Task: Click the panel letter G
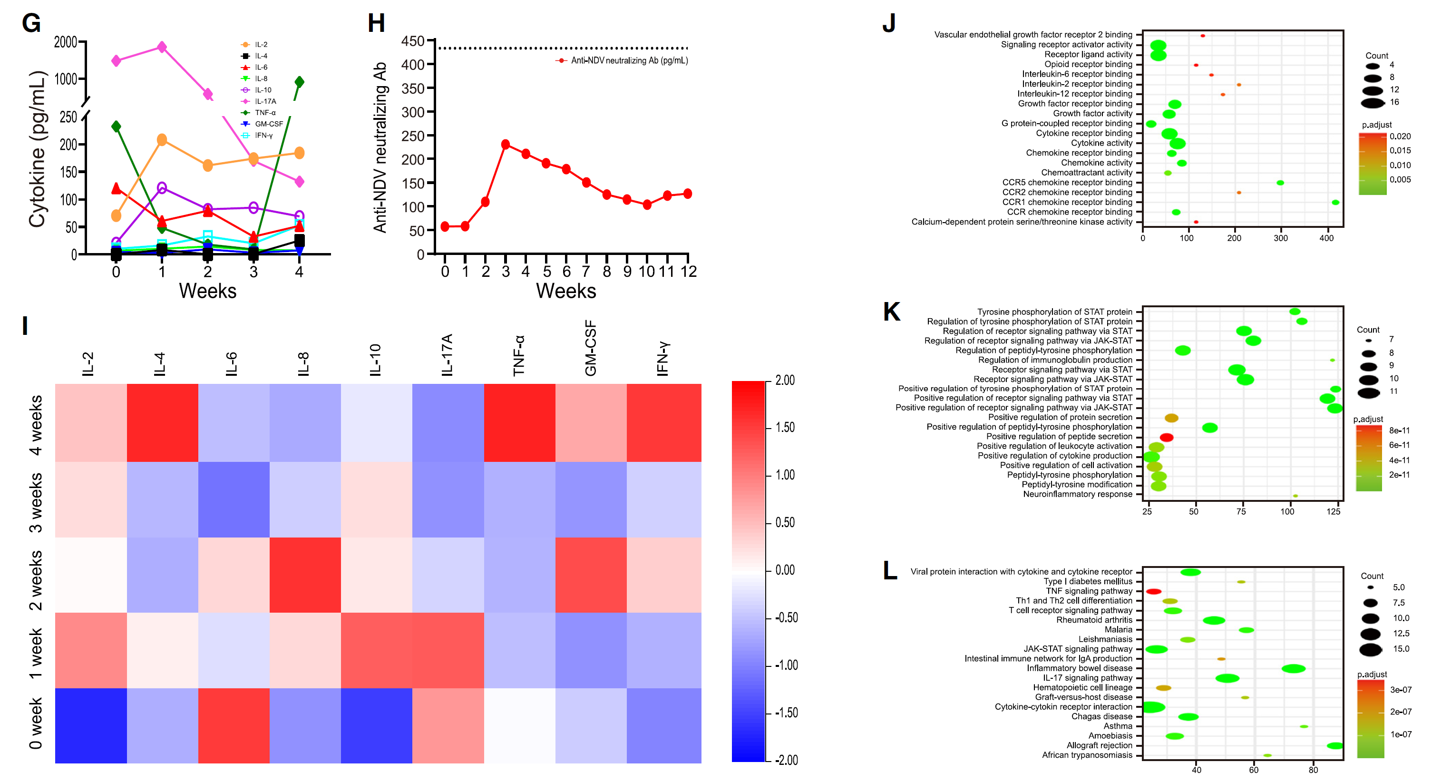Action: [31, 24]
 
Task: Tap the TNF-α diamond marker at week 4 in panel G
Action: [299, 82]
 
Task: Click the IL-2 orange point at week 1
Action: [162, 140]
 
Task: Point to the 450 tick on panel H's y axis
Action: [413, 41]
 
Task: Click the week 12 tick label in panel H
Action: [688, 272]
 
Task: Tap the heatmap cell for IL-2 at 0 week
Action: [91, 726]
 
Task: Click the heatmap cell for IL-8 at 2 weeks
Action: [305, 575]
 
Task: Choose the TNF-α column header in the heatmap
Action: [519, 355]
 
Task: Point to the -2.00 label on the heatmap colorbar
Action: [785, 760]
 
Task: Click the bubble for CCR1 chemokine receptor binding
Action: [1335, 202]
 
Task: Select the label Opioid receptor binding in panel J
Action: [1088, 64]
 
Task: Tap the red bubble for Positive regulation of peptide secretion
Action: [1167, 437]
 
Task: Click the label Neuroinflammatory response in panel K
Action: [1077, 494]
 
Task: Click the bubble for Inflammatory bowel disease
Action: [1293, 669]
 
